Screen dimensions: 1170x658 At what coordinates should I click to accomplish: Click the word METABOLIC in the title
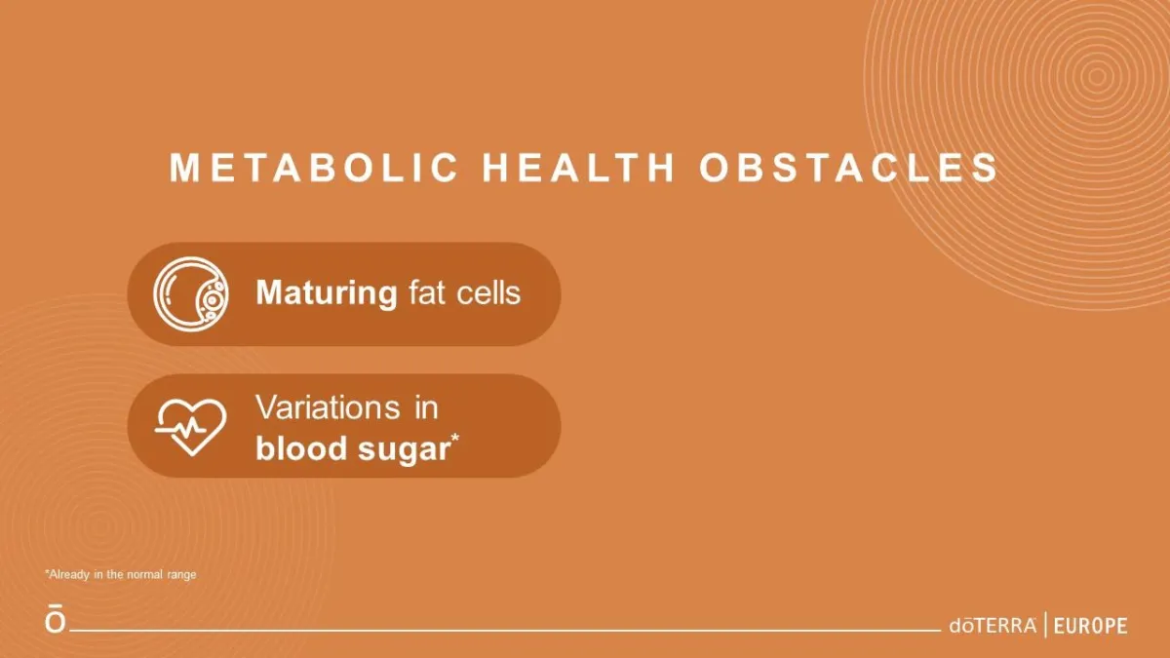313,168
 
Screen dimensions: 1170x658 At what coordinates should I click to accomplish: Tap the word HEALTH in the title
578,168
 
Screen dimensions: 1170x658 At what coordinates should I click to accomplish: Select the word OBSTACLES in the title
849,168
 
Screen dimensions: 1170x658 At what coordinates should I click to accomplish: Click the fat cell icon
191,294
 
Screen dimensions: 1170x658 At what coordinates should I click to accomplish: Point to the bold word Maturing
327,293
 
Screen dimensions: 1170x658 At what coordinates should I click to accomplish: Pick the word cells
488,292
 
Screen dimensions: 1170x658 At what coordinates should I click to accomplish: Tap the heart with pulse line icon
191,427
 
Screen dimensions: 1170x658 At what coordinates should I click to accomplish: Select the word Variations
328,407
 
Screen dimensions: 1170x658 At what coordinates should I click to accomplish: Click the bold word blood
301,448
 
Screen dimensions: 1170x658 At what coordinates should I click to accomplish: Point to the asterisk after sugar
455,438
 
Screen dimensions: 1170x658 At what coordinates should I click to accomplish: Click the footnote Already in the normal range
121,574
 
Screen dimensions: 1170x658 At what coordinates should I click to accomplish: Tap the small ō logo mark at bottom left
56,619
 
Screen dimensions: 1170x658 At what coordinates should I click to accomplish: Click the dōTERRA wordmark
993,625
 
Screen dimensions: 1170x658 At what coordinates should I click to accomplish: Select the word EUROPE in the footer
1091,626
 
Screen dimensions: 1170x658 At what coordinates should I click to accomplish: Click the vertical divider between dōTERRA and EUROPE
1045,625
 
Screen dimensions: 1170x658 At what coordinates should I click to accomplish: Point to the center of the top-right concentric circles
1097,76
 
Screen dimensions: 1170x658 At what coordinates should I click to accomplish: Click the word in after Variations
426,407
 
